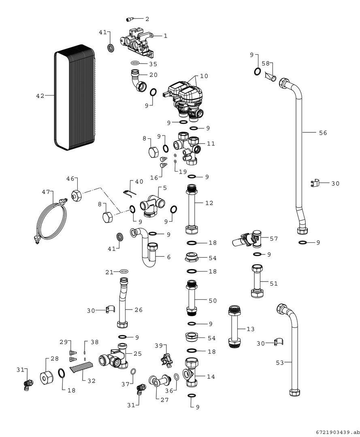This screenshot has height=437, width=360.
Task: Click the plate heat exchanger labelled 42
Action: tap(75, 97)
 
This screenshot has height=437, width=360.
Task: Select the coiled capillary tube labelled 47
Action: tap(49, 221)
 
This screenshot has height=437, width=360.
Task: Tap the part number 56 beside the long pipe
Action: tap(323, 133)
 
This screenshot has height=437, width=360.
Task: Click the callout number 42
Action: tap(40, 96)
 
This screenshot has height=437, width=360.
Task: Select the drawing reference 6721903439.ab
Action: tap(335, 431)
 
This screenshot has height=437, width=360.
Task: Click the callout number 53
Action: tap(280, 363)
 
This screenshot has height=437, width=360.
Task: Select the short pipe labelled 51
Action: tap(257, 281)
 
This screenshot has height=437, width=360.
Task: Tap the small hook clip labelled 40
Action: tap(127, 193)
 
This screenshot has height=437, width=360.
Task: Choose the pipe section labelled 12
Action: tap(192, 209)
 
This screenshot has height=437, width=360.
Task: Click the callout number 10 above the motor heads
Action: tap(204, 76)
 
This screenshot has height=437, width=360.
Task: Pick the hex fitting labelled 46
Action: tap(76, 195)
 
